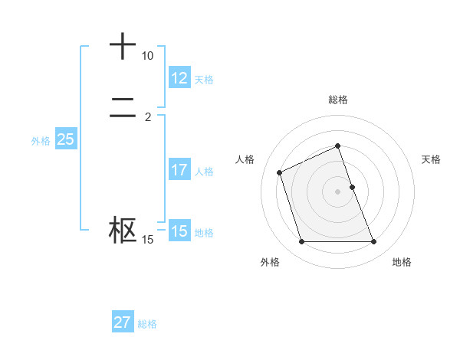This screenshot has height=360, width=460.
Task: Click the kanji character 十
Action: [123, 47]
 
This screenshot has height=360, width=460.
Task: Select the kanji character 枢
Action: [123, 231]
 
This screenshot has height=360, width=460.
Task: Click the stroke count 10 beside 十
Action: [147, 57]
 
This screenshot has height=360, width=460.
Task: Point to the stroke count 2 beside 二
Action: [147, 117]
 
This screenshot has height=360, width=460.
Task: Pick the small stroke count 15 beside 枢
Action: [147, 241]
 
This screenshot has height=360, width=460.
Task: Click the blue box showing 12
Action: [179, 77]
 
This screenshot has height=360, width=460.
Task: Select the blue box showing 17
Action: [179, 170]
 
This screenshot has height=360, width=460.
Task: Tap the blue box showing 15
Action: [179, 231]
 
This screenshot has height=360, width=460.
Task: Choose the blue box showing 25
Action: [65, 139]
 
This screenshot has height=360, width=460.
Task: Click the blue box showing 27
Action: [122, 322]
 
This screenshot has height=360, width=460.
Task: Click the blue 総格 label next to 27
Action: [147, 324]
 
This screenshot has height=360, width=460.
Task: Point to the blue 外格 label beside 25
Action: [41, 141]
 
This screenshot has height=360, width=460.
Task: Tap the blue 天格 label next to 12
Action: [204, 79]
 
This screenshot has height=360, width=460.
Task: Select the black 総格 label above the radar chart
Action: [338, 100]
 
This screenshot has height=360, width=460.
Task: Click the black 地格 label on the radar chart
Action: [402, 262]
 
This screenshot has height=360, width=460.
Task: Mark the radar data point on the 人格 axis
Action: [280, 172]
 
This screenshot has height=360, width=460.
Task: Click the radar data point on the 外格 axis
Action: [301, 242]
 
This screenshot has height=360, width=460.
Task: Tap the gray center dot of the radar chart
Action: [338, 191]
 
